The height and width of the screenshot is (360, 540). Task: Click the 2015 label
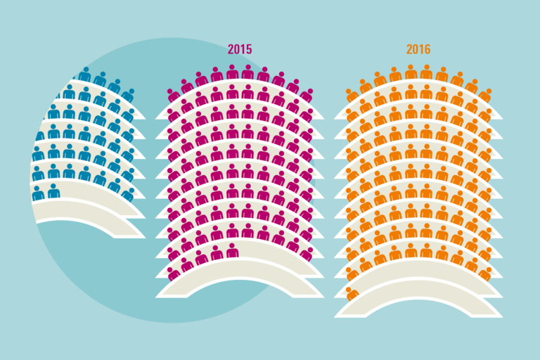click(239, 49)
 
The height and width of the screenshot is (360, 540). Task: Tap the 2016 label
click(418, 49)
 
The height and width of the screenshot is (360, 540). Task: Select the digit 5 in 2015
click(248, 49)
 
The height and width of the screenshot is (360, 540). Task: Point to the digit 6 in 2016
click(427, 49)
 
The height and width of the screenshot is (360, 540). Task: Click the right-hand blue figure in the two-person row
click(53, 191)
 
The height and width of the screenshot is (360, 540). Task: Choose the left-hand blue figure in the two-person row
click(38, 193)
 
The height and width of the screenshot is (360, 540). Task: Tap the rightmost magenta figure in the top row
click(307, 94)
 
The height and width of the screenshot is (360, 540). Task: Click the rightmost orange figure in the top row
click(485, 94)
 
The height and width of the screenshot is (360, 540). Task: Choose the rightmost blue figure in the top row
click(128, 94)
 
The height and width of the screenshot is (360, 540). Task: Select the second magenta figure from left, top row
click(187, 86)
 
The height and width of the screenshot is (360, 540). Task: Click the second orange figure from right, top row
click(472, 86)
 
